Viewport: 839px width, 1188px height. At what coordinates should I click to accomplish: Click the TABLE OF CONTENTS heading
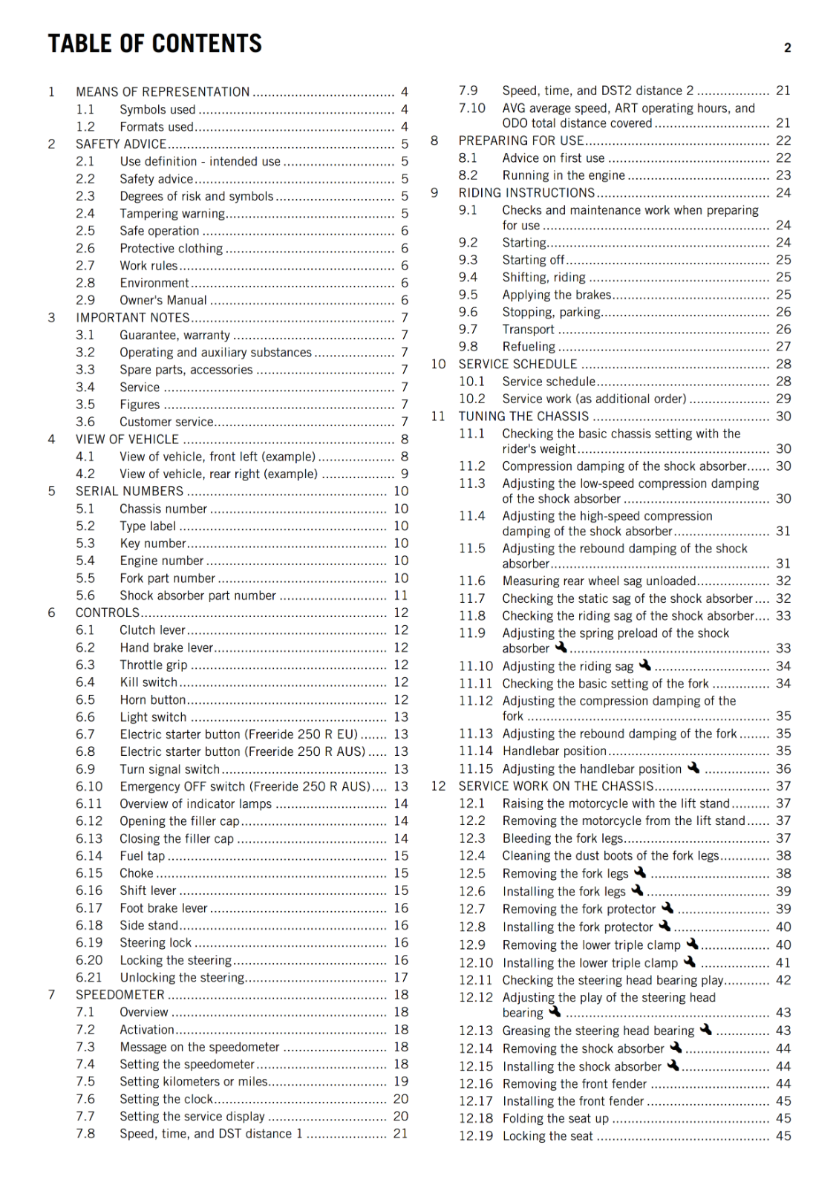[155, 44]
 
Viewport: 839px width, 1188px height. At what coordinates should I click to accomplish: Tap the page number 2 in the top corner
[787, 48]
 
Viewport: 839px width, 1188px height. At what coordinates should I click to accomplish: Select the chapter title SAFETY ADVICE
[121, 144]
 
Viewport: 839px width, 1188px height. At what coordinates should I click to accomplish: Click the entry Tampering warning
[172, 214]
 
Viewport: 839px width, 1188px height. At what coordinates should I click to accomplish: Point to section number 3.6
[85, 422]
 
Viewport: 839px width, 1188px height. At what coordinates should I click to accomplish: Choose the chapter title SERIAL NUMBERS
[129, 492]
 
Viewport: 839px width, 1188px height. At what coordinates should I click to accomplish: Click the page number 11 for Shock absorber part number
[401, 595]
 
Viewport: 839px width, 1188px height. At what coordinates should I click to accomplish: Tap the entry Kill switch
[148, 682]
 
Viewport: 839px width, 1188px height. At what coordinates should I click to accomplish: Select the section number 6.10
[89, 786]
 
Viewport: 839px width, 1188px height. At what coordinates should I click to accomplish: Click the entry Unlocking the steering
[182, 978]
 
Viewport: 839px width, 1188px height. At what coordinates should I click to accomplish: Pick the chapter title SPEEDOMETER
[120, 995]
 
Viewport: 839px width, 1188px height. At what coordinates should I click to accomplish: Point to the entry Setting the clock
[166, 1099]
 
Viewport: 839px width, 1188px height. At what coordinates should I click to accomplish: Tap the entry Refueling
[529, 347]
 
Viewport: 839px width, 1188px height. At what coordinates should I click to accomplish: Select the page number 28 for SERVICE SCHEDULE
[783, 365]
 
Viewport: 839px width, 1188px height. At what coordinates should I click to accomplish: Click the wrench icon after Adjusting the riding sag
[644, 665]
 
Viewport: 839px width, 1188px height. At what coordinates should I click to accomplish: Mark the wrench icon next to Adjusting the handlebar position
[693, 768]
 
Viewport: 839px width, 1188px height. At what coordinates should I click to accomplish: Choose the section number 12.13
[475, 1031]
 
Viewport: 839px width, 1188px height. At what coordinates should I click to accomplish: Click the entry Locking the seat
[548, 1136]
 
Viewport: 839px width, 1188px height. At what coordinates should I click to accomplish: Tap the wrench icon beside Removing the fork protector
[667, 908]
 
